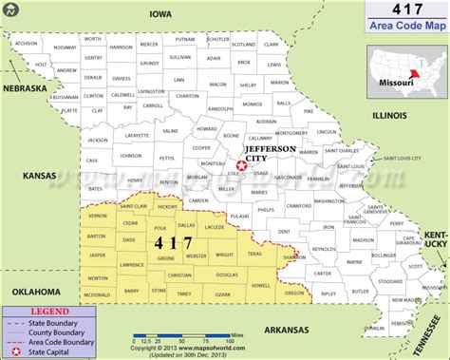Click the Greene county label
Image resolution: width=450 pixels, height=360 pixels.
pyautogui.click(x=166, y=257)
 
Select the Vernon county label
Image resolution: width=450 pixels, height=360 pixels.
pyautogui.click(x=98, y=217)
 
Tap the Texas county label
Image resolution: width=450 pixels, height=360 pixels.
pyautogui.click(x=254, y=254)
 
